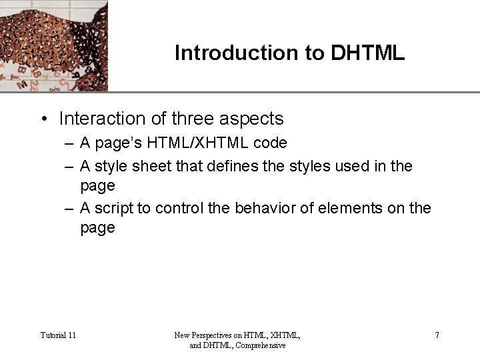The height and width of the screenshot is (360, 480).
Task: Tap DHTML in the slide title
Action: (x=367, y=53)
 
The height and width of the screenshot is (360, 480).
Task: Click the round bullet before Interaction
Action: (x=43, y=119)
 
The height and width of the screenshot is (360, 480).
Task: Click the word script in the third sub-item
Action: (x=114, y=208)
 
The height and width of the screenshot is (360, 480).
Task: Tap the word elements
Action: (x=359, y=208)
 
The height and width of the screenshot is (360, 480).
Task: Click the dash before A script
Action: (x=69, y=208)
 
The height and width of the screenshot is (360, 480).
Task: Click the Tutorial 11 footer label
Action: (x=58, y=335)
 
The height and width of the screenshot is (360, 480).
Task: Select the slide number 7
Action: (x=437, y=335)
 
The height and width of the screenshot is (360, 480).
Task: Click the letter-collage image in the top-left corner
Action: (x=53, y=45)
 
